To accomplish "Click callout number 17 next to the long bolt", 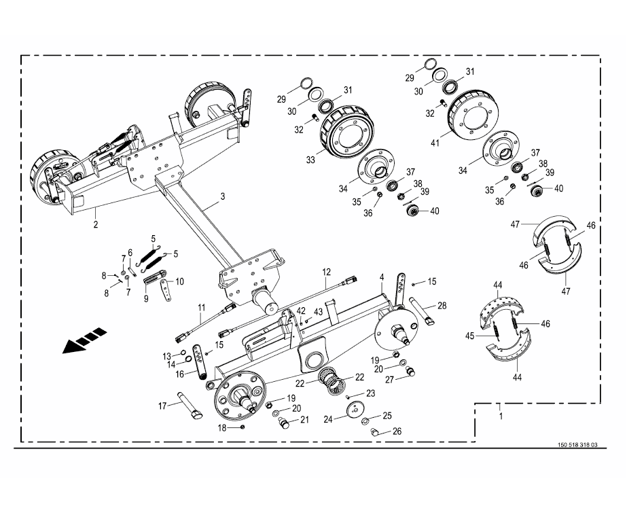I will point(162,406).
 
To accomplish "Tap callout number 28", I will point(442,306).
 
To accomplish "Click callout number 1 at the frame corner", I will point(501,414).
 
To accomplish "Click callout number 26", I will point(397,431).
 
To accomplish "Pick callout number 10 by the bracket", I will point(179,281).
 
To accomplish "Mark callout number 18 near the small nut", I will point(221,427).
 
